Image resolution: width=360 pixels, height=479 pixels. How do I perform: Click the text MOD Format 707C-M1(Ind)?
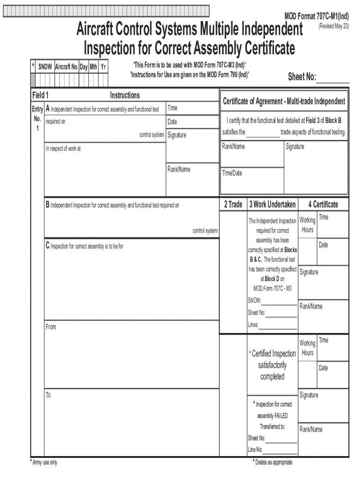(317, 16)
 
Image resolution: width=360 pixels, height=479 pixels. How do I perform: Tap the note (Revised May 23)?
(334, 27)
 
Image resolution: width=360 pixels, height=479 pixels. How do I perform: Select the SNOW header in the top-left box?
(45, 67)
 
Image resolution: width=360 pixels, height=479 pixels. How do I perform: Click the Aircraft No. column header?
(66, 67)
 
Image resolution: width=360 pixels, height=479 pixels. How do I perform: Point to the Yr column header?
(103, 67)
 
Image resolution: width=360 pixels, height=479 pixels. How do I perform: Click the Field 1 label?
(41, 95)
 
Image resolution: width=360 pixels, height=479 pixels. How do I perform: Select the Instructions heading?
(125, 95)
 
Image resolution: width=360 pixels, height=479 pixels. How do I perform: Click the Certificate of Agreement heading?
(284, 102)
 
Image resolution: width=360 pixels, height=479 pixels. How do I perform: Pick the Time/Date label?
(232, 173)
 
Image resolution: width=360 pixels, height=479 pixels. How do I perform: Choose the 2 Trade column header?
(233, 204)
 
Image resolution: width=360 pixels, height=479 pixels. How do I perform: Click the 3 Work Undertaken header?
(272, 204)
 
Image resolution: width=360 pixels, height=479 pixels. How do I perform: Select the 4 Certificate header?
(323, 204)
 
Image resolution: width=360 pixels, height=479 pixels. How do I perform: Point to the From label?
(50, 327)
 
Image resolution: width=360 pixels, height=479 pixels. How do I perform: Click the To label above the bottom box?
(48, 395)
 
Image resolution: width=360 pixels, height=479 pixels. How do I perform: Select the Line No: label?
(255, 450)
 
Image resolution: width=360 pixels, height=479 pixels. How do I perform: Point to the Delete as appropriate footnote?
(273, 463)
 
